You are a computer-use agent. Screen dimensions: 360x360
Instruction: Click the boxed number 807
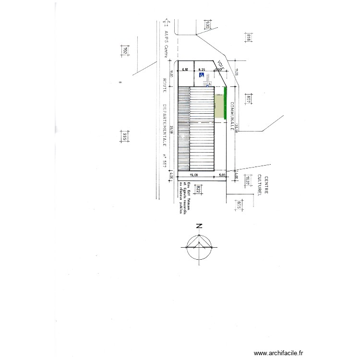[x=249, y=100]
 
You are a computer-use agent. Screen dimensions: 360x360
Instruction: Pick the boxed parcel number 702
[x=124, y=51]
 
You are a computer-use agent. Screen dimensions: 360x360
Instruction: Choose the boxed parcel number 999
[x=124, y=137]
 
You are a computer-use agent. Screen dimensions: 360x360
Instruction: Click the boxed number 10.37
[x=248, y=181]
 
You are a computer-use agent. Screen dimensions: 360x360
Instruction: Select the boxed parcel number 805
[x=238, y=205]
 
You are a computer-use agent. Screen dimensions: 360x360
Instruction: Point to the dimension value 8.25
[x=202, y=69]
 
